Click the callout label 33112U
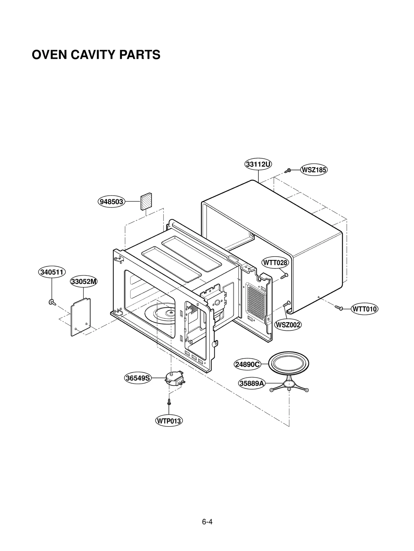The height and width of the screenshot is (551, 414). (x=258, y=164)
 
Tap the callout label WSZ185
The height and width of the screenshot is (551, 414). (x=314, y=170)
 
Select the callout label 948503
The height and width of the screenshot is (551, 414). (x=112, y=201)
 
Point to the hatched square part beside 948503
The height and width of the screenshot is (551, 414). (x=146, y=202)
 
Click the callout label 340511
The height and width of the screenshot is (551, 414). (x=52, y=272)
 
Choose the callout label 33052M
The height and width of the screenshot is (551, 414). (x=84, y=281)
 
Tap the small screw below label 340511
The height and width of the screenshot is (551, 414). (x=52, y=302)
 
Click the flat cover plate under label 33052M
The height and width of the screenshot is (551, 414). (x=81, y=317)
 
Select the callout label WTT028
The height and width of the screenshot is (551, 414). (x=275, y=263)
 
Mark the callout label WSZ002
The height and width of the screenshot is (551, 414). (x=288, y=325)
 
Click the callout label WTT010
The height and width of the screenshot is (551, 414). (x=364, y=309)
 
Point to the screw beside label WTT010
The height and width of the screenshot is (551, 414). (x=339, y=308)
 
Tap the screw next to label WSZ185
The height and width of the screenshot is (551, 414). (x=288, y=170)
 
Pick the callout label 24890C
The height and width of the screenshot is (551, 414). (x=247, y=364)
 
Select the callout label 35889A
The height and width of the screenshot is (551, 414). (x=252, y=383)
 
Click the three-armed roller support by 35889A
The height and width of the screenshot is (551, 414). (x=289, y=386)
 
